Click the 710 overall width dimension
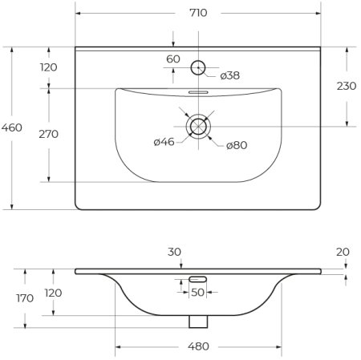pos(197,13)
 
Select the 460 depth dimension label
pos(12,127)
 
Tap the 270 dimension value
pos(49,134)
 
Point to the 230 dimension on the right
pos(347,86)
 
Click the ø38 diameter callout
pos(229,75)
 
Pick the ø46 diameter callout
pos(164,143)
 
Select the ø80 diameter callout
pos(235,144)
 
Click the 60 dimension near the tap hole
pos(173,59)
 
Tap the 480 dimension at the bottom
pos(198,346)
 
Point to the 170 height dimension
pos(25,298)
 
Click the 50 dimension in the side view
pos(197,292)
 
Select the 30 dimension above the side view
pos(174,251)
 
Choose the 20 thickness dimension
pos(343,251)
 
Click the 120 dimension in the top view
pos(49,67)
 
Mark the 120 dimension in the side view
pos(53,293)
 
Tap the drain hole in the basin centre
pos(197,125)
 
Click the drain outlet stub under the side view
pos(197,321)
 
